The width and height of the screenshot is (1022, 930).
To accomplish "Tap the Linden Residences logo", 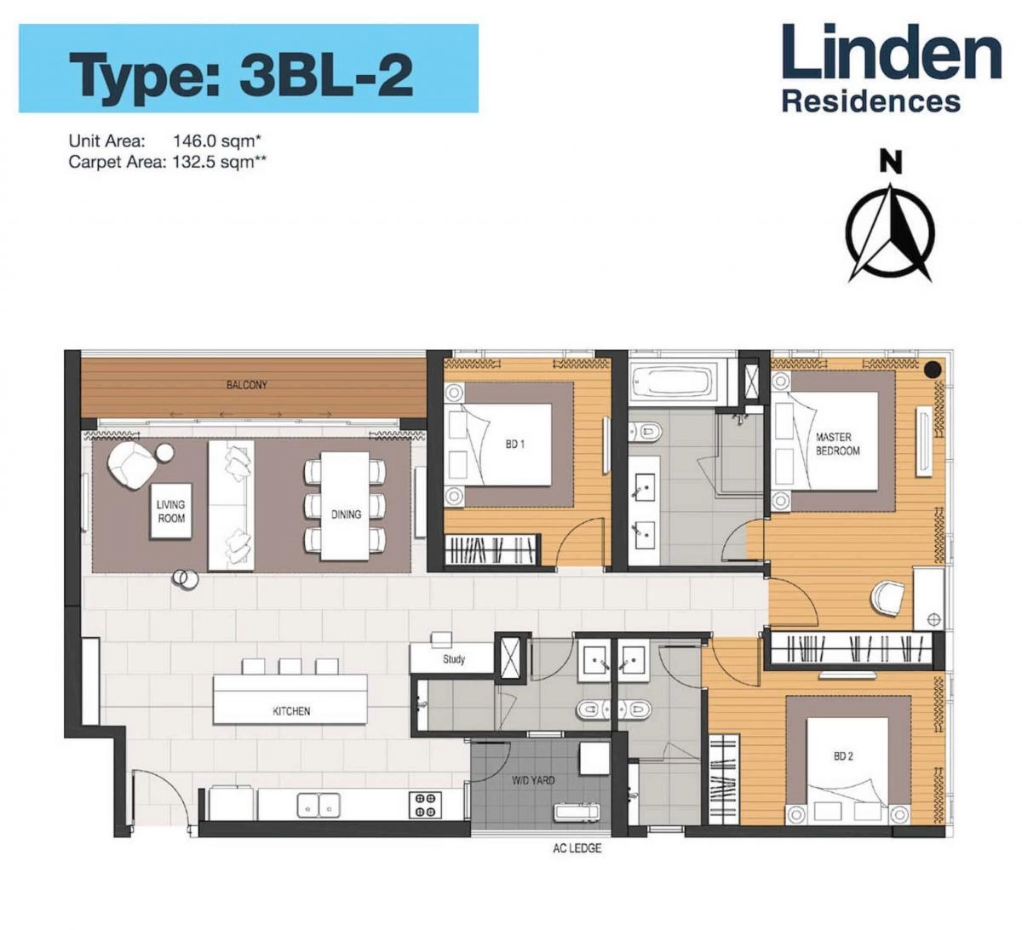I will tap(891, 68).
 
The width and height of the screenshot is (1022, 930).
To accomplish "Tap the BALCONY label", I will tap(247, 385).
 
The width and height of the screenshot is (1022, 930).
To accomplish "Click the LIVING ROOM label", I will tap(171, 512).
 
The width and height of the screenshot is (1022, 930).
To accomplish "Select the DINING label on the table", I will tap(346, 514).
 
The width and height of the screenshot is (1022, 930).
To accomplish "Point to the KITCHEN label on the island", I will tap(291, 711).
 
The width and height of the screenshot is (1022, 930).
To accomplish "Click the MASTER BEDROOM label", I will tap(837, 444).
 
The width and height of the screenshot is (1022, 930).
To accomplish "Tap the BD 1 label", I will tap(514, 445).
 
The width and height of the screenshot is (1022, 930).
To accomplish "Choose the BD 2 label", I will tap(843, 756).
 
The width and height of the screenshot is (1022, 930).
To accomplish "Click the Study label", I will tap(453, 659).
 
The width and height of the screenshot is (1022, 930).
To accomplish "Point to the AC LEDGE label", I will tap(577, 848).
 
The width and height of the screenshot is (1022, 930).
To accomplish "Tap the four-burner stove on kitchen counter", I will tap(424, 805).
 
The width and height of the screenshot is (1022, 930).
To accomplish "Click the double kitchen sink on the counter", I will tap(318, 805).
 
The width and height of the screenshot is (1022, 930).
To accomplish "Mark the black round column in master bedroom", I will tap(933, 369).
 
